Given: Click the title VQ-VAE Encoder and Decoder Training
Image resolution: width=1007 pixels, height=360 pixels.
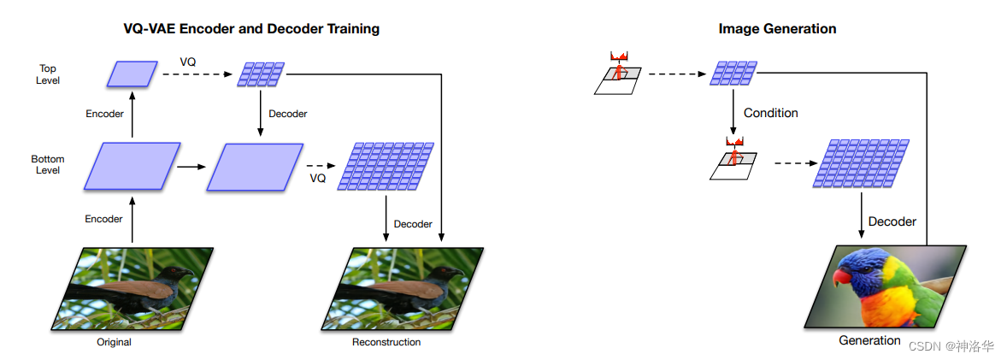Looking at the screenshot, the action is pos(251,29).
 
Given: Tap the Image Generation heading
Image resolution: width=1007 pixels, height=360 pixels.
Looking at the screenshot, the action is pos(777,29).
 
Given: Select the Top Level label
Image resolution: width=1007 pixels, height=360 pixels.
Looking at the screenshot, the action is pos(48,74).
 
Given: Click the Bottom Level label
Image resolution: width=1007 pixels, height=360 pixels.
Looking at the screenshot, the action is pos(48,164).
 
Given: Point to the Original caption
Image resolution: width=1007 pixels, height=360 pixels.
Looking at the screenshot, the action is pos(114,342).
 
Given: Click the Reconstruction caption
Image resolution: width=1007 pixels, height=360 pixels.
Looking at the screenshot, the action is pos(386,342).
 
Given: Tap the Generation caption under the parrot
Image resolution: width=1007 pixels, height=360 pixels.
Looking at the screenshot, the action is pos(869,340).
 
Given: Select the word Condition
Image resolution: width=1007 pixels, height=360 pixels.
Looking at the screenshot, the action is pos(771,113).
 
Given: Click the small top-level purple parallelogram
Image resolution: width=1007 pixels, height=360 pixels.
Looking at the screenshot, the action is pos(132,74).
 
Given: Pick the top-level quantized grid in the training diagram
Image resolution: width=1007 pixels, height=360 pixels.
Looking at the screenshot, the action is pos(262,74).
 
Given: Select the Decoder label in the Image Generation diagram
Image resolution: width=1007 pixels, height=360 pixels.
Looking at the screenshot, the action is pos(892,221).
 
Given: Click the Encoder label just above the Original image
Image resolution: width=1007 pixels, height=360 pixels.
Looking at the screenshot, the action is pos(103,219).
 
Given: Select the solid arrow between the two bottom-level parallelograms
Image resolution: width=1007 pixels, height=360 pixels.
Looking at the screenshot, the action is pos(191,167).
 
